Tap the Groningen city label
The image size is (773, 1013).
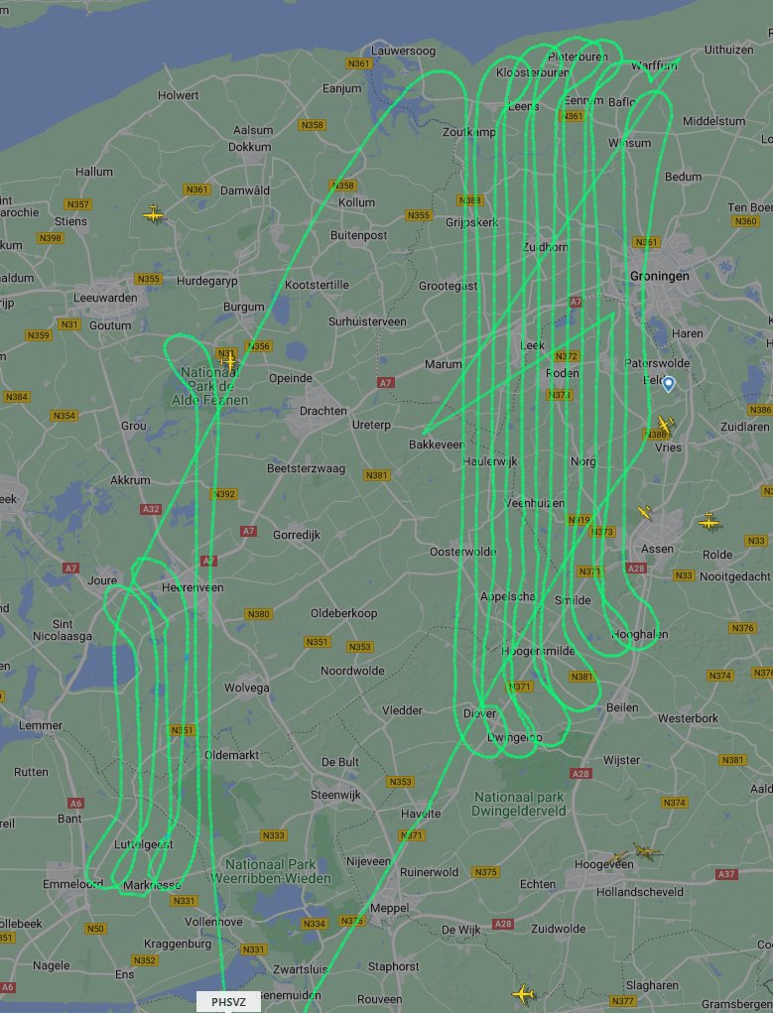coord(659,277)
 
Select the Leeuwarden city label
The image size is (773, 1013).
coord(105,298)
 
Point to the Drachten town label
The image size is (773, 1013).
coord(323,411)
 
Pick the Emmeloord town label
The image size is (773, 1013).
coord(72,883)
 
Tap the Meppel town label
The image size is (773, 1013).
coord(389,908)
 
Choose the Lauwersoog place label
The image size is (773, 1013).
coord(404,51)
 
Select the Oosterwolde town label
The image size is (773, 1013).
coord(462,552)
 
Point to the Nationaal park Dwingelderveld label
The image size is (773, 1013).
coord(520,804)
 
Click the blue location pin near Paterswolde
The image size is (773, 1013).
coord(669,383)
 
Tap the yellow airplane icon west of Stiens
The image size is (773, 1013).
coord(154,213)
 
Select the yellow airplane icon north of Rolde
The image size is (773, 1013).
coord(709,521)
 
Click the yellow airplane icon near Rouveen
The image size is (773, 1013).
coord(523,993)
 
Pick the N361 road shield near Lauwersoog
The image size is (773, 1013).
coord(358,64)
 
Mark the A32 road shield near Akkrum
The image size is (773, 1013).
coord(151,509)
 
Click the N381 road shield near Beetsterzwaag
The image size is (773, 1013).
coord(377,475)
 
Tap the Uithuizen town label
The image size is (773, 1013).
coord(728,49)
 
